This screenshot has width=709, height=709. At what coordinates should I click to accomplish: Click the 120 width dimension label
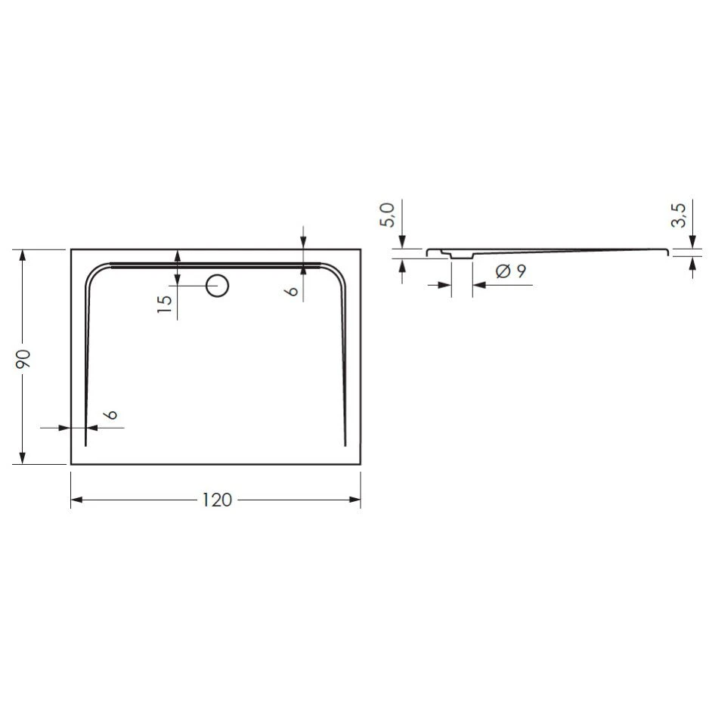(216, 500)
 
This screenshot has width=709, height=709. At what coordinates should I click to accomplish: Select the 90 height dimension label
(23, 358)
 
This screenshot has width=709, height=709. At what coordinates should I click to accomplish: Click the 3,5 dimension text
(678, 216)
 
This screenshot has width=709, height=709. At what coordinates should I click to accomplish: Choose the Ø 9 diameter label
(510, 271)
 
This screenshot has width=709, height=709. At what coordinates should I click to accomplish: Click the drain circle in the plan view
(218, 286)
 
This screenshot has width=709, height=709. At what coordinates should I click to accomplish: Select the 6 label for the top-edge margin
(293, 288)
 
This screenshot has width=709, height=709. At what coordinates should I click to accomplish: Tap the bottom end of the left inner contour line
(86, 445)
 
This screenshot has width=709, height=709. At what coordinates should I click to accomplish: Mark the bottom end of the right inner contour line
(345, 445)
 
